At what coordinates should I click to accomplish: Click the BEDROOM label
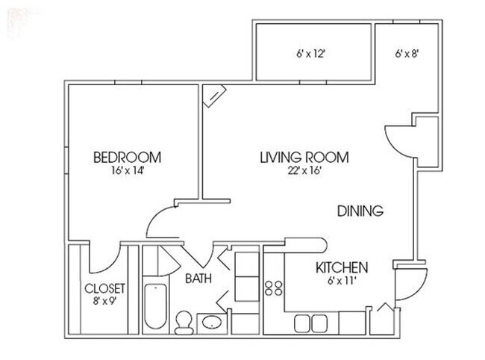click(127, 158)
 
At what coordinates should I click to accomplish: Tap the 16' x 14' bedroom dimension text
click(127, 170)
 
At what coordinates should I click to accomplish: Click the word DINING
click(360, 211)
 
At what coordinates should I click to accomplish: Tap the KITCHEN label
click(341, 267)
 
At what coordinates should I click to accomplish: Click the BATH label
click(198, 279)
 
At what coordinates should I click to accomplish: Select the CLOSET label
click(105, 288)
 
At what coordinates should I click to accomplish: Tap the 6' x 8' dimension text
click(408, 54)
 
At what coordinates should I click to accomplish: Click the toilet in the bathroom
click(183, 321)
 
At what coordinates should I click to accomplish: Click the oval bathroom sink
click(211, 323)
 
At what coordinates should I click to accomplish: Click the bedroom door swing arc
click(163, 222)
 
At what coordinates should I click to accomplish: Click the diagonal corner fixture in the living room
click(214, 94)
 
